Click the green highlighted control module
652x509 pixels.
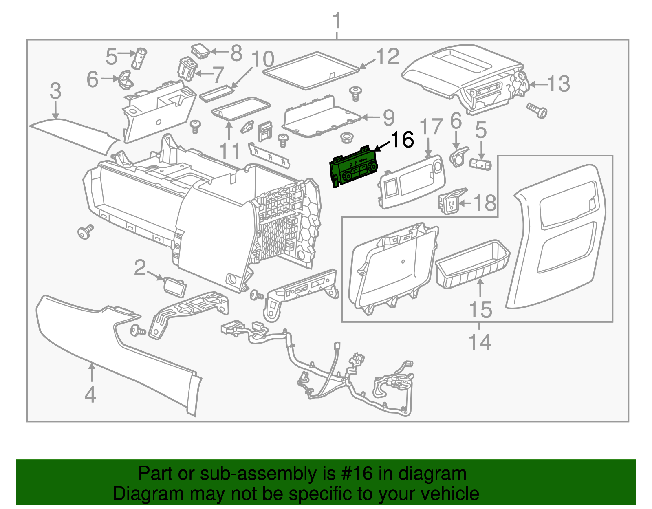pos(353,168)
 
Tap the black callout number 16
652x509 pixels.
pos(402,139)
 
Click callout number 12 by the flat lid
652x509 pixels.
pos(387,56)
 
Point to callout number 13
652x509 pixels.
pos(558,84)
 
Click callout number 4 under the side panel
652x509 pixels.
pos(90,394)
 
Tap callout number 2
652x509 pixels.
pos(140,268)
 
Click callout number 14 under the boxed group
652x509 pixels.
pos(480,342)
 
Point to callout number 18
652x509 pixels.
pos(485,203)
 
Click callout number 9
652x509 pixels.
pos(389,117)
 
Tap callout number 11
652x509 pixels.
pos(230,151)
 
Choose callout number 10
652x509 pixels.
pos(262,59)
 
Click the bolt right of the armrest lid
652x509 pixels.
pos(537,110)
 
